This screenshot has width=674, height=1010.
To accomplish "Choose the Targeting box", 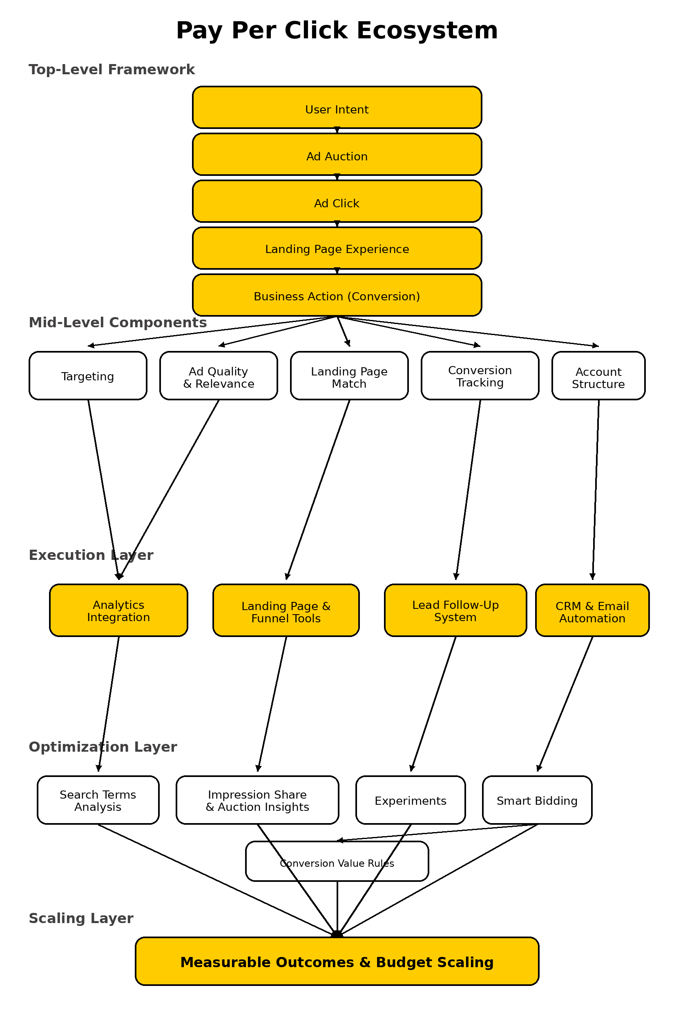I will (88, 376).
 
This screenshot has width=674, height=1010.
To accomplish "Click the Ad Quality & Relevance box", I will (219, 376).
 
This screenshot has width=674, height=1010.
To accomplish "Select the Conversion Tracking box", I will (480, 376).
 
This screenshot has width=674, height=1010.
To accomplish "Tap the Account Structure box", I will (598, 376).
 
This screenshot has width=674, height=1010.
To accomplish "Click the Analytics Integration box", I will (118, 610).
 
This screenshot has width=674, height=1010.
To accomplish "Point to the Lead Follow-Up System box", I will (455, 610).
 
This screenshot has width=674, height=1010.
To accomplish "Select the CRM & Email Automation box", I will (592, 610).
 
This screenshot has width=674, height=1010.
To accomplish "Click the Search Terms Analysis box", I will (98, 800).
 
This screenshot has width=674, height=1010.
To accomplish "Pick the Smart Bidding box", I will (537, 800).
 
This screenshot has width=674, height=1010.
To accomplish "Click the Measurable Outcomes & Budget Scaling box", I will (337, 961).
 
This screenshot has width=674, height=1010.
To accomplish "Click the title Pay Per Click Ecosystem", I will (337, 31).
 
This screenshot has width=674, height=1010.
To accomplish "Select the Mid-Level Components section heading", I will (118, 322).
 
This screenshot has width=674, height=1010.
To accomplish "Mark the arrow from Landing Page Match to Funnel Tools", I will (318, 490).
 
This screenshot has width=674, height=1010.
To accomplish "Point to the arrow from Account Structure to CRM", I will (596, 490).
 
